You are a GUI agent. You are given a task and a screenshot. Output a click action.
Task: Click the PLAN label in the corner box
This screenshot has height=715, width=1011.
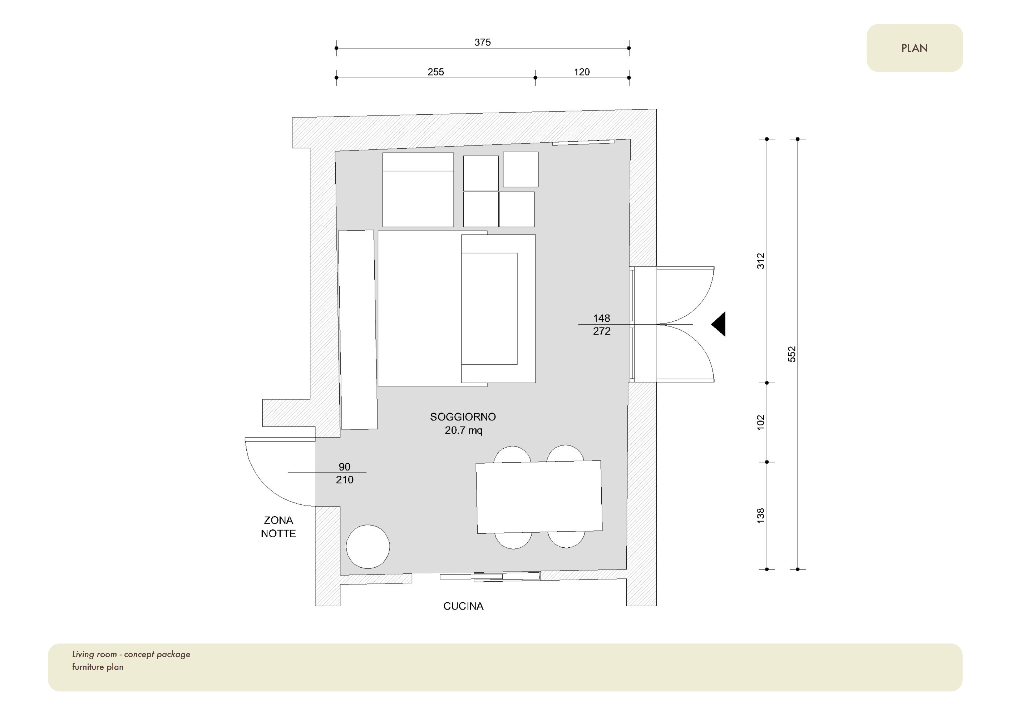pos(914,48)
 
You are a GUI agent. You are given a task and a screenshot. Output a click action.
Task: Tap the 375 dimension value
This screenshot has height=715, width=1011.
pos(483,42)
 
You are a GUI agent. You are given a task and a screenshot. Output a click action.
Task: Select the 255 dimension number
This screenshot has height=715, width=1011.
pos(435,72)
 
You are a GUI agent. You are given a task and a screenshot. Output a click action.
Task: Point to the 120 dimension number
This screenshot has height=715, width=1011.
pos(582,72)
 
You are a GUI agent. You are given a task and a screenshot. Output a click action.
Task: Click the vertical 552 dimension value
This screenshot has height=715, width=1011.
pos(792,354)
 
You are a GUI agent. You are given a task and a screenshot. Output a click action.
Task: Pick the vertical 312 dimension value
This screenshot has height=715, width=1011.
pos(760,261)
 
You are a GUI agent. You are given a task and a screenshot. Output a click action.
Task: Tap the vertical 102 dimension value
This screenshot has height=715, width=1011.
pos(760,422)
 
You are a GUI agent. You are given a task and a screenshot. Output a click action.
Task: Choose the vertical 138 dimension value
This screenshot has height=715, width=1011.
pos(760,516)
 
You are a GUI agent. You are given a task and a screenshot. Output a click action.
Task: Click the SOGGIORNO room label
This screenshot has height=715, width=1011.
pos(463,416)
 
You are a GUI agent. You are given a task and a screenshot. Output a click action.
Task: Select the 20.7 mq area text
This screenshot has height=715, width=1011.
pos(463,430)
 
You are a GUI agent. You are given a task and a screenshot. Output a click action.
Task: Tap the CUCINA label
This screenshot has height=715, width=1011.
pos(463,606)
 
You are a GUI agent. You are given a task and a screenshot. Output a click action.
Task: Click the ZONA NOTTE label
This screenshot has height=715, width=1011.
pos(278,527)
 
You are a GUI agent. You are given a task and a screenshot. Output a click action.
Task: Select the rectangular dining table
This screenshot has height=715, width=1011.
pos(539,497)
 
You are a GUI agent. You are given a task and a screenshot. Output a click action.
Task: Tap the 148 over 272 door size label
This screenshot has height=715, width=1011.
pos(602,325)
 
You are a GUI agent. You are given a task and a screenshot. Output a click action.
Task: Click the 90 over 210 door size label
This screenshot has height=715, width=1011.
pos(344,473)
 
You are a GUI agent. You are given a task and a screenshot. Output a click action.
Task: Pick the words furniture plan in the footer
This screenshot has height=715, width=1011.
pos(98,667)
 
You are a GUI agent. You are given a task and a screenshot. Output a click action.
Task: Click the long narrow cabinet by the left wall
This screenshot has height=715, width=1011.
pos(357,330)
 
